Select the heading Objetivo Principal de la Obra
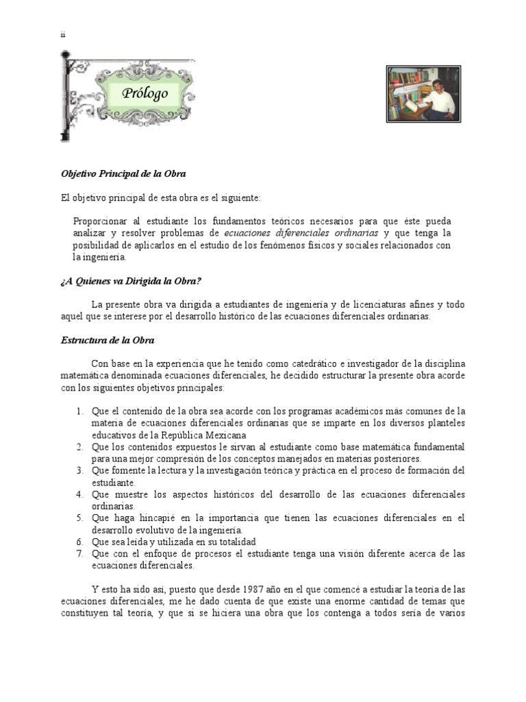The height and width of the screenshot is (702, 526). point(123,173)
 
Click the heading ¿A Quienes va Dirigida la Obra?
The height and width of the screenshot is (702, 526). point(131,281)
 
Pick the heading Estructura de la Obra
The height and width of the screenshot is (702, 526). point(108,340)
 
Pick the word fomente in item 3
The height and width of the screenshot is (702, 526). point(125,470)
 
